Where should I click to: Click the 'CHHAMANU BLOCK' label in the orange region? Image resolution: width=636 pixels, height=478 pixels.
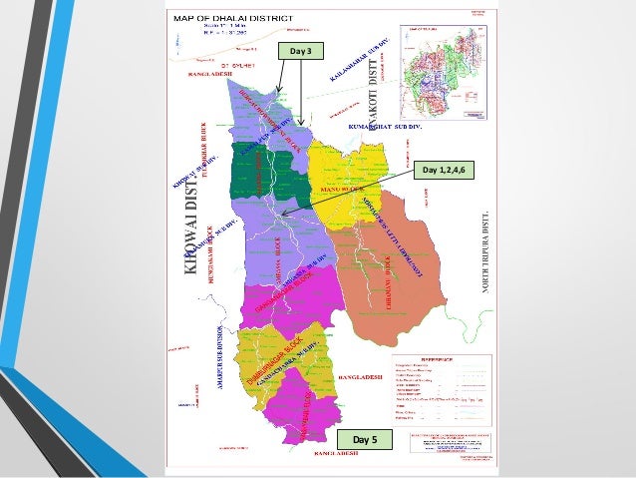tap(388, 278)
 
